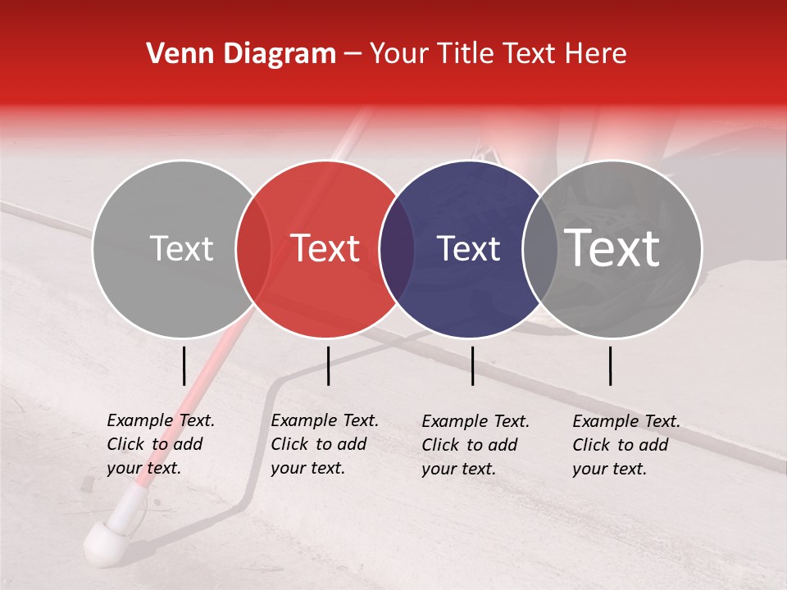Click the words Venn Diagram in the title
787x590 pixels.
click(241, 54)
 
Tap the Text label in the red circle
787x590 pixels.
click(325, 248)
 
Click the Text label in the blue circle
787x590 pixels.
click(468, 249)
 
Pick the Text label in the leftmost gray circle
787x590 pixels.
click(181, 249)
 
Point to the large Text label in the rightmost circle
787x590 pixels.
click(612, 248)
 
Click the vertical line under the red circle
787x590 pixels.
click(328, 365)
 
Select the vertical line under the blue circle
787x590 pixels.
click(472, 365)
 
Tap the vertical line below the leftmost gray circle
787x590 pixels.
click(184, 365)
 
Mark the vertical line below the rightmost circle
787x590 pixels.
click(611, 365)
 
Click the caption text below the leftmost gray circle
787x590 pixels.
click(160, 444)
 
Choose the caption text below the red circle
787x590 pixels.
click(324, 444)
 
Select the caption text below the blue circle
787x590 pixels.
click(475, 445)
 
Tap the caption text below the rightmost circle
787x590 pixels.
click(626, 445)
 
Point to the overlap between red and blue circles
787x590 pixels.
click(397, 249)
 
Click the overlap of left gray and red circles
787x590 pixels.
click(253, 249)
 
